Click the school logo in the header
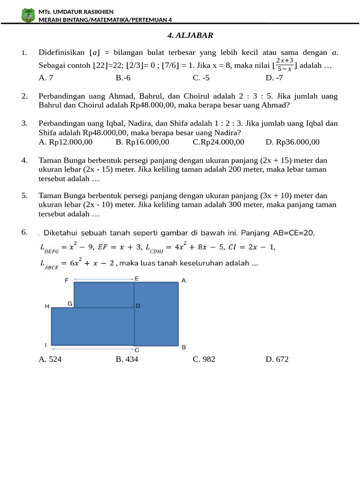(28, 15)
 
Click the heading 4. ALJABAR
(190, 36)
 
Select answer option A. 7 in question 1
(46, 78)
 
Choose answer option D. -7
(274, 78)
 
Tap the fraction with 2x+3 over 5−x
(285, 65)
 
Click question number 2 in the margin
(25, 96)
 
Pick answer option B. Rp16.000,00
(142, 142)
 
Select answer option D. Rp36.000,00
(292, 142)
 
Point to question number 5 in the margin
(25, 195)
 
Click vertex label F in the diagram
(67, 280)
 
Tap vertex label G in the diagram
(70, 304)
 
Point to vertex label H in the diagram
(47, 306)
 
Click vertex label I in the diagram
(46, 345)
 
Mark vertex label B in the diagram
(184, 347)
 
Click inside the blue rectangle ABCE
(156, 314)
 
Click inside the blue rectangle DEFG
(104, 294)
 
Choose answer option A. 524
(50, 360)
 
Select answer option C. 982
(204, 360)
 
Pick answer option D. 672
(277, 360)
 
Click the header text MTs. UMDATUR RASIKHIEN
(76, 12)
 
